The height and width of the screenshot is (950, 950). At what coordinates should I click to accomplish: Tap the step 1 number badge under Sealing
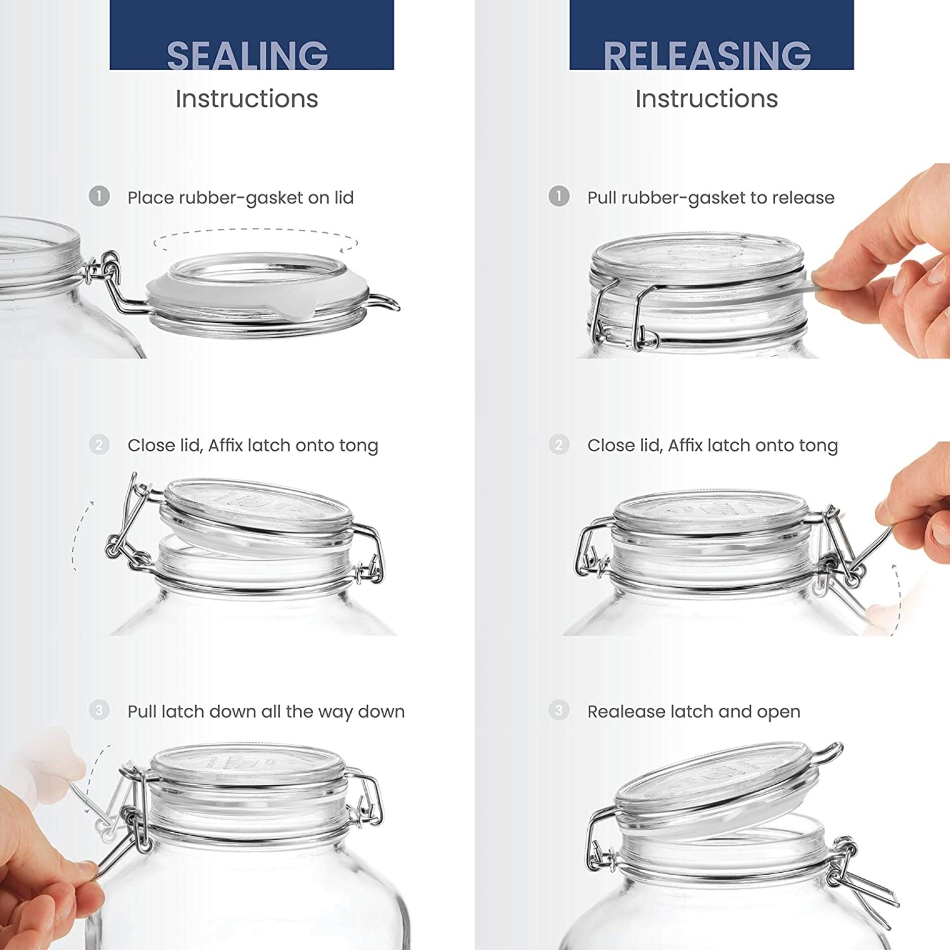[x=99, y=196]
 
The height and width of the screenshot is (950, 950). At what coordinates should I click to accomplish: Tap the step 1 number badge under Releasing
[x=558, y=196]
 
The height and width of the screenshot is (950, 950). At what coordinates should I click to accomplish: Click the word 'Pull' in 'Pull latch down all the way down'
[x=142, y=711]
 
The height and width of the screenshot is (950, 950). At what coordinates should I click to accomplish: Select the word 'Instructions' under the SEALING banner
[x=247, y=99]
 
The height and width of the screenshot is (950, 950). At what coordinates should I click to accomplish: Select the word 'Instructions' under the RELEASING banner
[x=706, y=99]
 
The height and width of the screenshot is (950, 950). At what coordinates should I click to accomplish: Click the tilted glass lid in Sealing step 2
[x=258, y=510]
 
